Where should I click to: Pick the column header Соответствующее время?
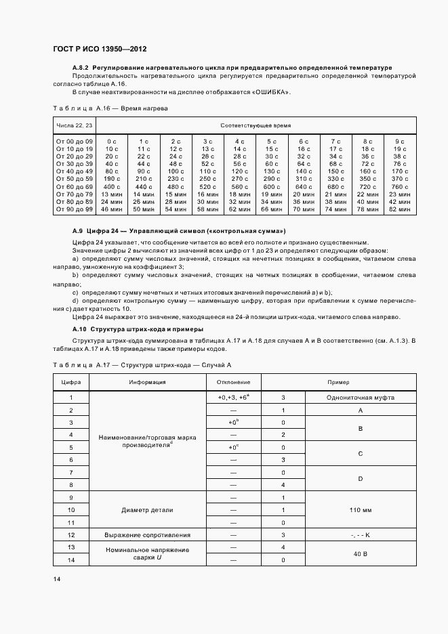(254, 126)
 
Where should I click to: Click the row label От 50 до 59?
(75, 179)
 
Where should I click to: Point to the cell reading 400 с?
(112, 187)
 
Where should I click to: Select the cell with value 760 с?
(400, 187)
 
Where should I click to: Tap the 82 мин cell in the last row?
(400, 210)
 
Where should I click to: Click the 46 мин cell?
(112, 210)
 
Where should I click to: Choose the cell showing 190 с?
(112, 179)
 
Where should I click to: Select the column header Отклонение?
(233, 382)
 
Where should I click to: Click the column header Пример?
(338, 382)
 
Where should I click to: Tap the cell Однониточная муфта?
(361, 398)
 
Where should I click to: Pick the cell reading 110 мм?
(361, 509)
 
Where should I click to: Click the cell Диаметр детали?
(147, 509)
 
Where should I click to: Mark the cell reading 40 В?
(361, 553)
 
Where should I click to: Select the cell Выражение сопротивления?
(147, 535)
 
